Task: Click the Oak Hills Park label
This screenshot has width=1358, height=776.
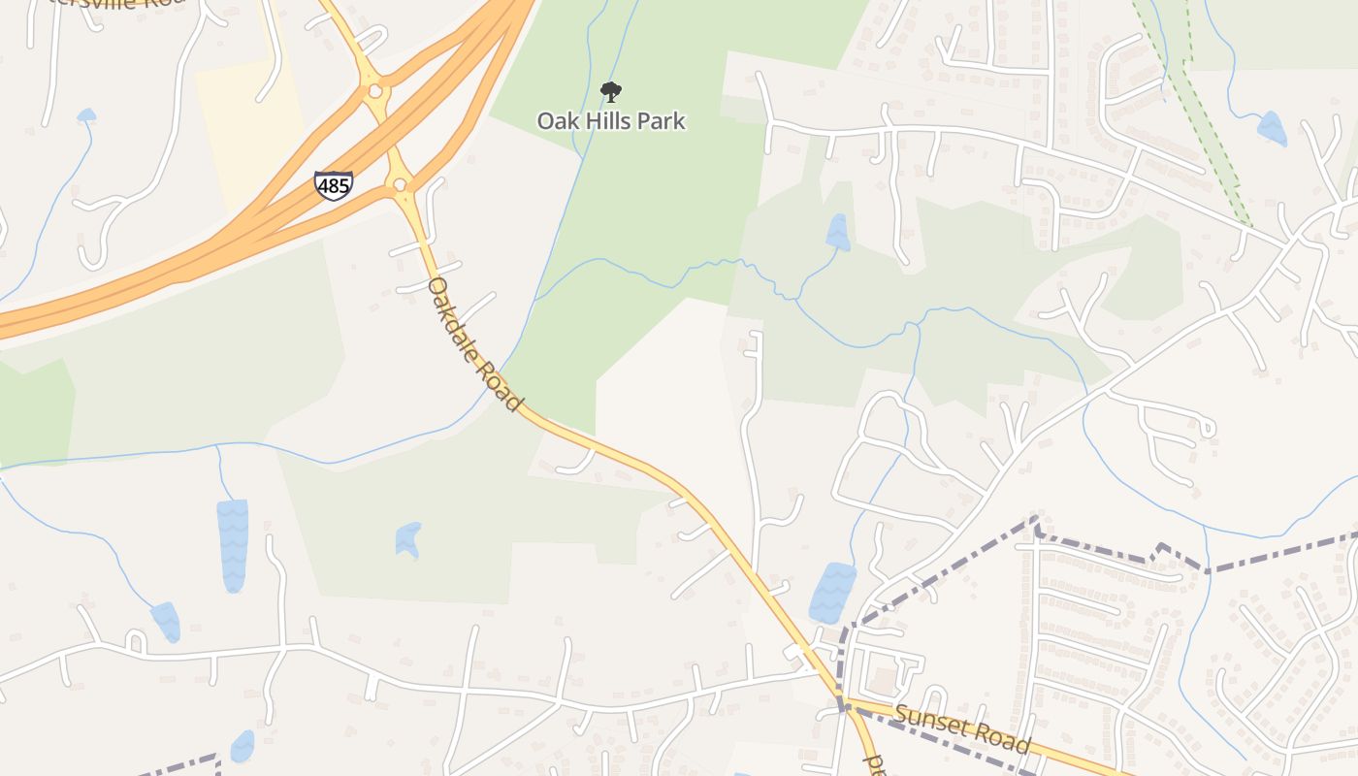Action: [x=611, y=121]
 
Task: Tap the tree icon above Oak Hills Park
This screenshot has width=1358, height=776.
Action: [x=610, y=92]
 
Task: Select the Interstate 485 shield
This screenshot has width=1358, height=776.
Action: [x=333, y=185]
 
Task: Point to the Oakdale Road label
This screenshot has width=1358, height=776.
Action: [x=474, y=343]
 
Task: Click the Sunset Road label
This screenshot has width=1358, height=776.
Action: [x=961, y=728]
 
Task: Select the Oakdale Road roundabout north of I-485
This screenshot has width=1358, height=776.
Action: [x=374, y=92]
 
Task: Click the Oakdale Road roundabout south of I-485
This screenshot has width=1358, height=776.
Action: [x=400, y=184]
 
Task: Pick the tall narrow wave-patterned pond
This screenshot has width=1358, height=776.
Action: [x=233, y=545]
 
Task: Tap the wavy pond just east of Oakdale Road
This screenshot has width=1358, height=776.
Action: [x=832, y=593]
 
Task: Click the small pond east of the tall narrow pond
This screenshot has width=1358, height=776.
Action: [x=408, y=539]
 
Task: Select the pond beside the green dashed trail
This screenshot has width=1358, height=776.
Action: [x=1271, y=128]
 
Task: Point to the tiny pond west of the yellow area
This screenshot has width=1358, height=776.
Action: [x=86, y=115]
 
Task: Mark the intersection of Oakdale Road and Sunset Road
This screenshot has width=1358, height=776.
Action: [x=845, y=703]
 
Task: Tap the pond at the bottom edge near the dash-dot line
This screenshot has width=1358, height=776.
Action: [x=242, y=746]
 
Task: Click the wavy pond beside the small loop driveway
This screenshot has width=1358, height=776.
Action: [x=166, y=621]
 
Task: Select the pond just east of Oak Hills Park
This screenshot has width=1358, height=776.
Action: [x=837, y=232]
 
